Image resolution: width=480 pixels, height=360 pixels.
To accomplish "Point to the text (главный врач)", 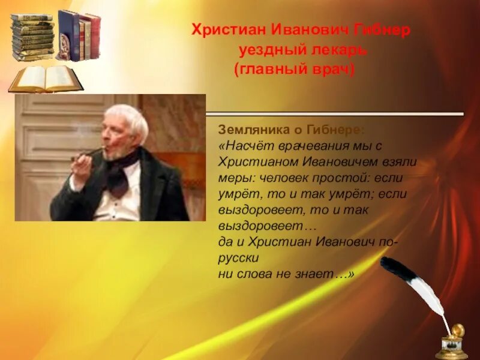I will coord(294,70).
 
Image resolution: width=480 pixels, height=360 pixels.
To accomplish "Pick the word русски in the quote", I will coord(238,258).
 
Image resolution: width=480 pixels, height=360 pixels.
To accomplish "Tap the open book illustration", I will coord(45,79).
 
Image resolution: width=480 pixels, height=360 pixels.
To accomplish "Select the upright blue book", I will coord(67,34).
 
